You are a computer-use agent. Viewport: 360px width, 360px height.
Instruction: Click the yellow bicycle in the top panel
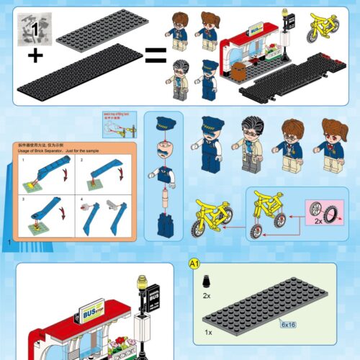pos(322,27)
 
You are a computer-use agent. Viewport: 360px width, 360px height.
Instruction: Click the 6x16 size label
pos(289,325)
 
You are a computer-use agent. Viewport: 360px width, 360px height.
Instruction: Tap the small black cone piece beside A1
pos(207,281)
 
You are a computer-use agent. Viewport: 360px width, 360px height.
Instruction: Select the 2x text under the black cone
pos(207,296)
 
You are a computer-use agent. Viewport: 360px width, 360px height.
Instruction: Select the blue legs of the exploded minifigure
pos(164,224)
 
